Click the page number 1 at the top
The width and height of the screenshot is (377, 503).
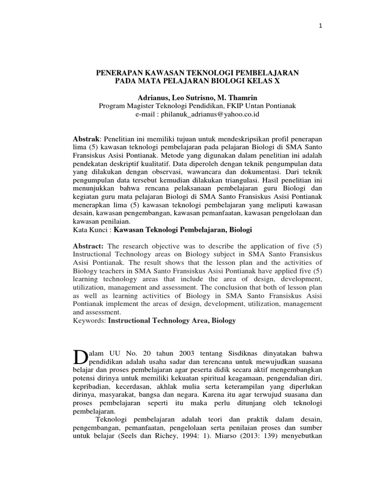(x=321, y=26)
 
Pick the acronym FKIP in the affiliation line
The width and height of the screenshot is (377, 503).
(x=239, y=106)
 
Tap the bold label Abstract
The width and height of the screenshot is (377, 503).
(x=88, y=246)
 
